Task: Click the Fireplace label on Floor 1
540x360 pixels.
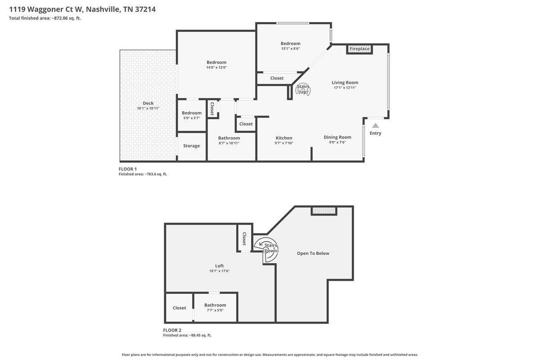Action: [360, 49]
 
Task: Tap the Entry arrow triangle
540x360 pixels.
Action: [375, 126]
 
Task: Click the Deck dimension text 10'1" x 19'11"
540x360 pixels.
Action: [148, 108]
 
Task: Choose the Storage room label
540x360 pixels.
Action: [191, 146]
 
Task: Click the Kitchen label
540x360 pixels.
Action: [284, 138]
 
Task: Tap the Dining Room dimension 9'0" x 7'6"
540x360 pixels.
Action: [337, 142]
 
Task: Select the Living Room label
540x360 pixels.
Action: [345, 82]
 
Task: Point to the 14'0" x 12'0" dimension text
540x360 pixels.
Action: [216, 67]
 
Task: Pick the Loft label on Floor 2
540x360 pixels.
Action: [220, 265]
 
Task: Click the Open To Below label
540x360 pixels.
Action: [313, 253]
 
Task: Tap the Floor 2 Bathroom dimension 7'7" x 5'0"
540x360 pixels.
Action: [215, 310]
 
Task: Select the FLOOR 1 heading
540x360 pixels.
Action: [127, 169]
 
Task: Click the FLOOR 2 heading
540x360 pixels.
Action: [172, 330]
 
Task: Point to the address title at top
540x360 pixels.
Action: [82, 9]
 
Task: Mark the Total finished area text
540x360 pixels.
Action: [45, 18]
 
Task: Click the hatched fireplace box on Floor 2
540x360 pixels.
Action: [324, 210]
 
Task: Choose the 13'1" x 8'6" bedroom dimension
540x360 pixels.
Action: [291, 49]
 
